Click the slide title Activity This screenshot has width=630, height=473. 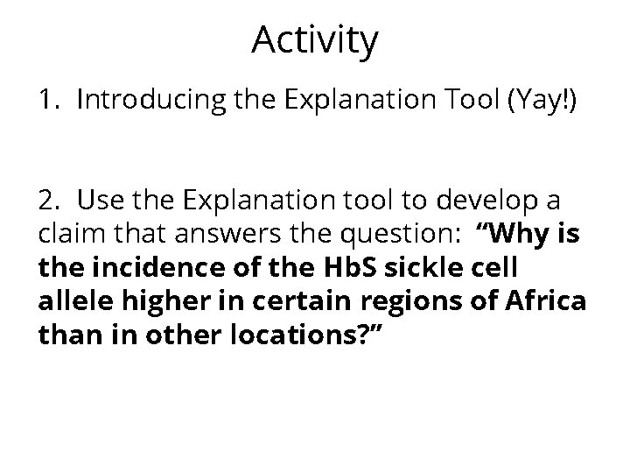[x=315, y=40]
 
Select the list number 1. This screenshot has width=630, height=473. [x=47, y=101]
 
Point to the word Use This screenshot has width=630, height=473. [x=96, y=201]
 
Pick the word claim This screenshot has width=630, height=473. [x=68, y=234]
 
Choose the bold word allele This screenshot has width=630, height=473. [x=71, y=300]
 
